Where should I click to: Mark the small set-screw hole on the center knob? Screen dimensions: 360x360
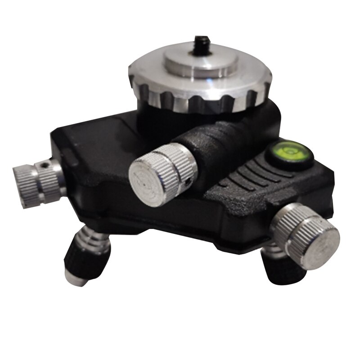point(187,182)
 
